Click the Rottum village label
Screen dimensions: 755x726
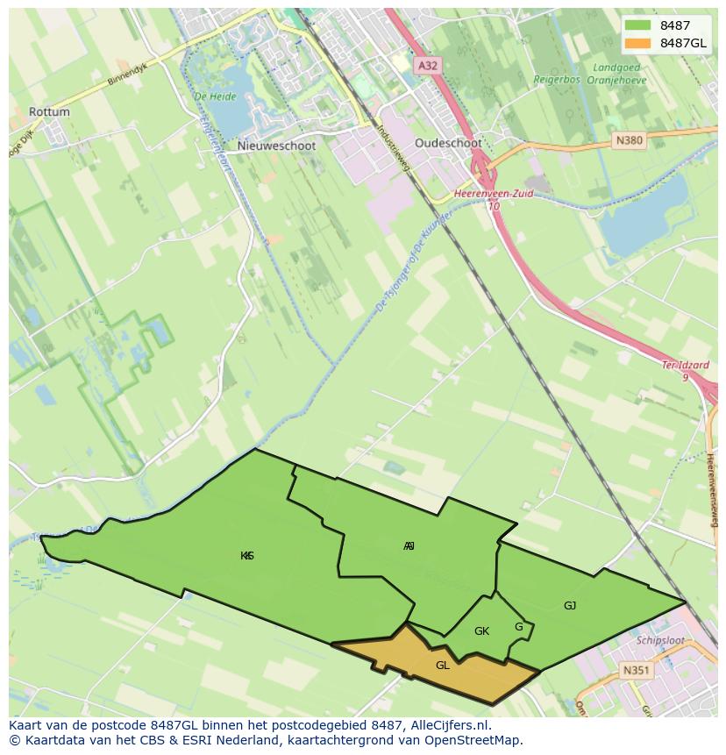click(x=49, y=112)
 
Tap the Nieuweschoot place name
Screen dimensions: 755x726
click(x=276, y=147)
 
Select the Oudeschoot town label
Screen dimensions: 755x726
click(x=448, y=143)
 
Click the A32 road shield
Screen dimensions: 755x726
click(x=427, y=65)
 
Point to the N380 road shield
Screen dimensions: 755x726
click(x=629, y=139)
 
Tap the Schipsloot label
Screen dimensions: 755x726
click(x=661, y=640)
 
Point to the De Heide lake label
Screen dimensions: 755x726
click(x=210, y=96)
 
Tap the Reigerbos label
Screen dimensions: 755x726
click(x=558, y=79)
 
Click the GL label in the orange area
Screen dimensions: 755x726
click(x=443, y=666)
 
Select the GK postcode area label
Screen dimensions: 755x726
click(x=481, y=631)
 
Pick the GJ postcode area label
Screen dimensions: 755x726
click(x=570, y=605)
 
